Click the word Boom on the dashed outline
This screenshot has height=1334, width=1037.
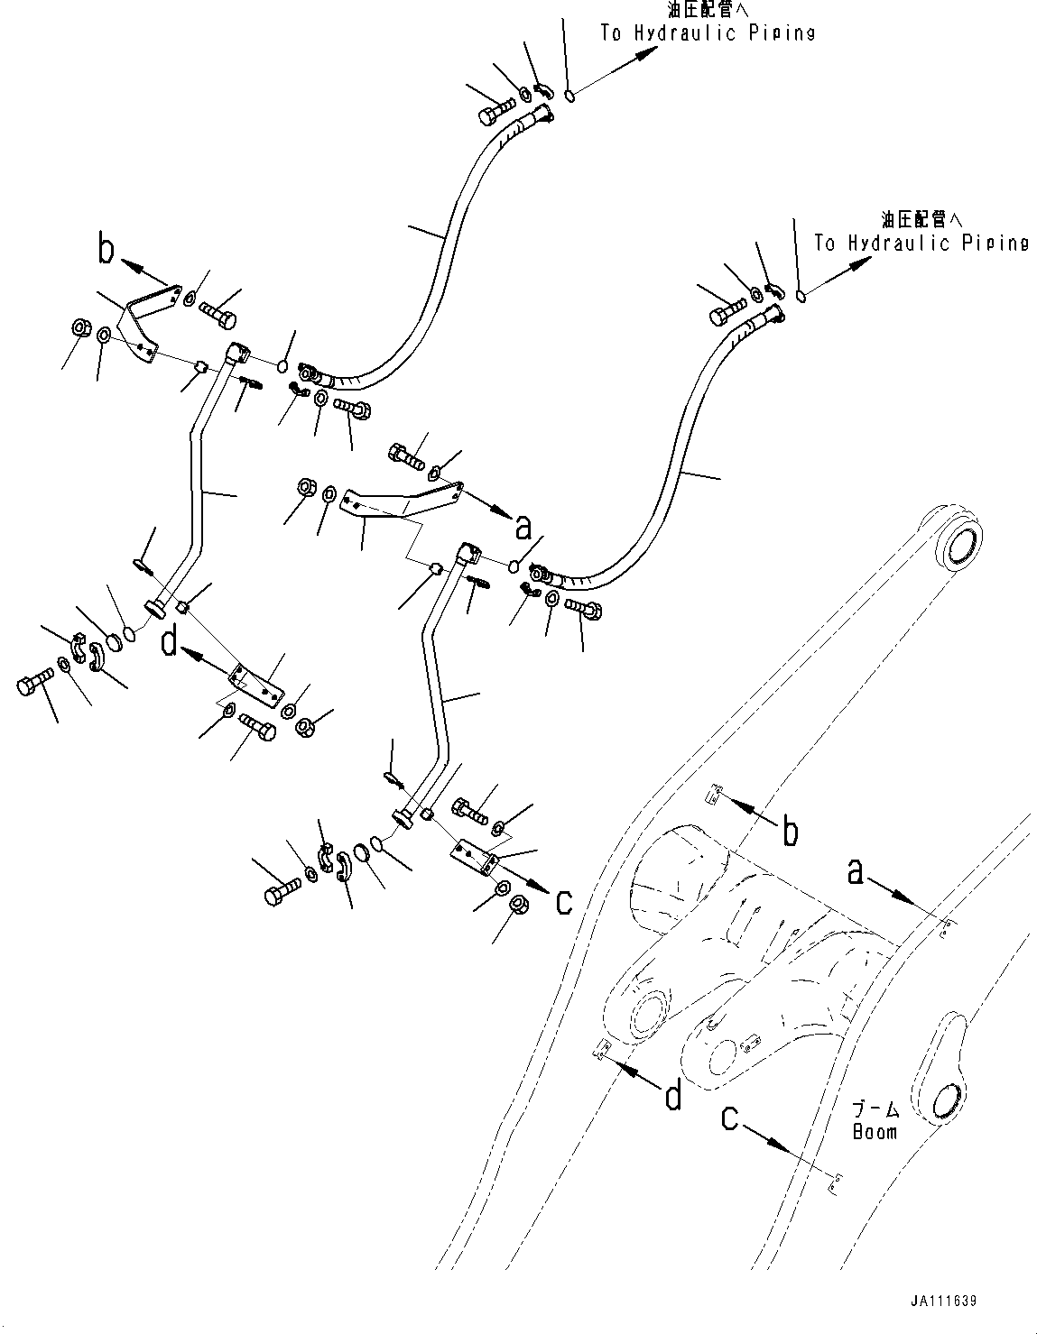(x=875, y=1131)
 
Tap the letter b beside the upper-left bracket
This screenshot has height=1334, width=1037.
(x=106, y=250)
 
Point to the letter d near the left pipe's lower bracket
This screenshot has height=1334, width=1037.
(x=169, y=645)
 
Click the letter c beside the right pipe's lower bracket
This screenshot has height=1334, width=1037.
(x=563, y=901)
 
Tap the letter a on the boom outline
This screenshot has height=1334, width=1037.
(x=858, y=871)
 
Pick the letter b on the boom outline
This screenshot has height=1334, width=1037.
(x=790, y=832)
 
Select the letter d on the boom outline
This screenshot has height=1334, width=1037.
(x=671, y=1097)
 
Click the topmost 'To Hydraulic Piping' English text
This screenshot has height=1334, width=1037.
(x=708, y=33)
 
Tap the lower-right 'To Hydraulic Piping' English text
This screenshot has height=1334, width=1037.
(x=921, y=244)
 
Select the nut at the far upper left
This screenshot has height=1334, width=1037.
(x=78, y=327)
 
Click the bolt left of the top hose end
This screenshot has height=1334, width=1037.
(x=489, y=115)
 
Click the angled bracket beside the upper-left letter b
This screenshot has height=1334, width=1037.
(x=144, y=318)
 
